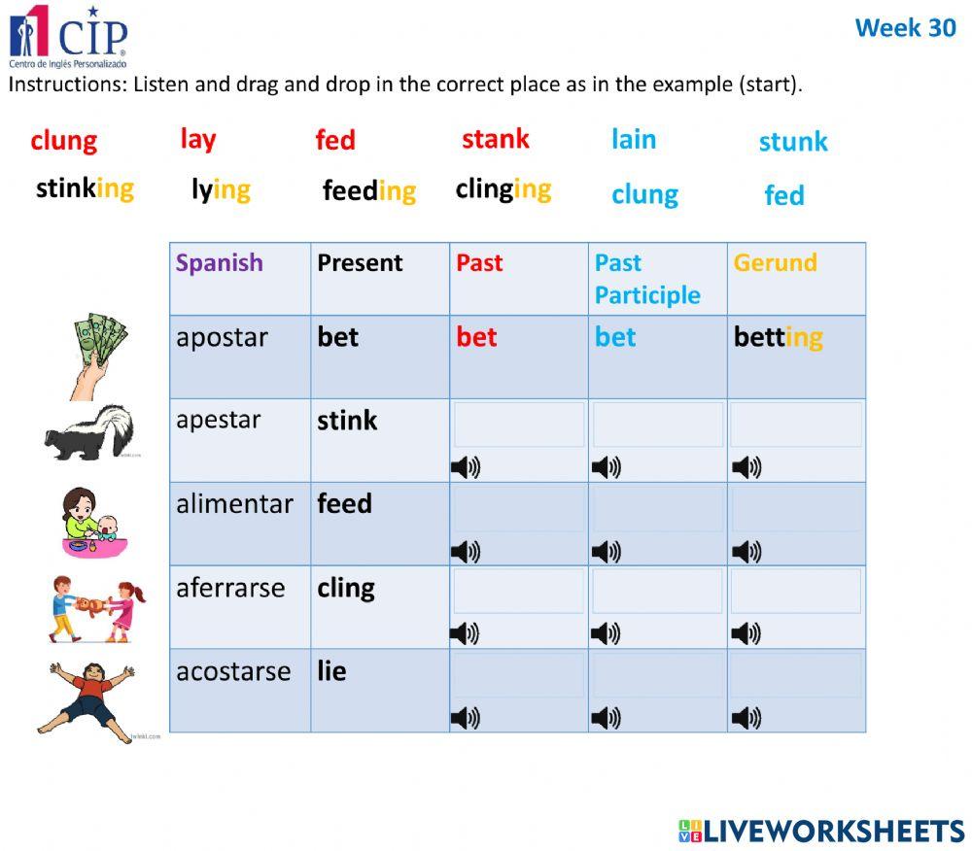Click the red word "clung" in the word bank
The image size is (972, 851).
tap(63, 141)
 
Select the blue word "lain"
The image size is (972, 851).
tap(634, 139)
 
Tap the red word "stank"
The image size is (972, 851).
tap(496, 139)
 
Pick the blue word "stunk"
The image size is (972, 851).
tap(793, 142)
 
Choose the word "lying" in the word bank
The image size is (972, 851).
tap(221, 189)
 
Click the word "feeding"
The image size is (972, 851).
tap(368, 190)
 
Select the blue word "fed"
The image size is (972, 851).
tap(784, 195)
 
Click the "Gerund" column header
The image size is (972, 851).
tap(775, 263)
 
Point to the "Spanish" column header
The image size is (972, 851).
tap(220, 263)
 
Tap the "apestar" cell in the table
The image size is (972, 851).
tap(219, 421)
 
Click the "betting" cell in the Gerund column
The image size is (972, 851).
tap(778, 337)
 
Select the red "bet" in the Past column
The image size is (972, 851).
tap(476, 337)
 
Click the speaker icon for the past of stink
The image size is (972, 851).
tap(466, 468)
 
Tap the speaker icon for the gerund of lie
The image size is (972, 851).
tap(746, 719)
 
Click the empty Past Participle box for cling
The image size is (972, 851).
tap(657, 591)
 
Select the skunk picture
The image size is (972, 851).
tap(89, 432)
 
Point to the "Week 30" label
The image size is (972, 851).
tap(905, 28)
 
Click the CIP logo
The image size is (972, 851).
tap(68, 33)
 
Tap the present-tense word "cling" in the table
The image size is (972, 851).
tap(345, 588)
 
